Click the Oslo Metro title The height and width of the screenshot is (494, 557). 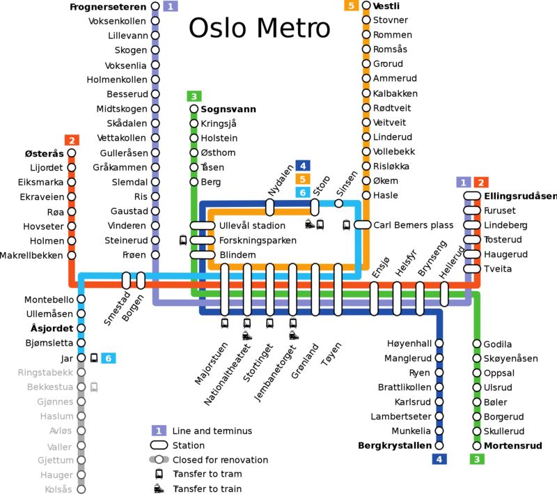point(259,28)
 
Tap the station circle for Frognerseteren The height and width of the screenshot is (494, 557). point(155,6)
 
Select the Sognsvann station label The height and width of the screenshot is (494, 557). point(228,109)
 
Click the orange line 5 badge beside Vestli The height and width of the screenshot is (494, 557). point(352,6)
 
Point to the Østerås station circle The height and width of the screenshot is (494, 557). point(72,153)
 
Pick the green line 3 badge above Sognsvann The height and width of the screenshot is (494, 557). point(194,96)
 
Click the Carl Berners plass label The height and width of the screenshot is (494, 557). point(414,225)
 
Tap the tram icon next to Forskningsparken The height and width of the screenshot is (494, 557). point(183,240)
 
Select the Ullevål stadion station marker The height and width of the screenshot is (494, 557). point(203,226)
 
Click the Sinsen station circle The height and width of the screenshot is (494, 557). point(339,203)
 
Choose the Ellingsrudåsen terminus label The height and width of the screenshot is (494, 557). point(520,196)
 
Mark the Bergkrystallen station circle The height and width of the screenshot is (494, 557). point(439,445)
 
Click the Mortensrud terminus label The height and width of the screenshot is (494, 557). point(513,446)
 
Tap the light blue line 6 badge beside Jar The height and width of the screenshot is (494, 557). point(109,358)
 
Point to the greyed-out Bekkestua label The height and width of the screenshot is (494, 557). point(50,387)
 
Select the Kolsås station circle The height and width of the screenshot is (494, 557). point(81,489)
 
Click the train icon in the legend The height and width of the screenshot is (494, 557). point(159,488)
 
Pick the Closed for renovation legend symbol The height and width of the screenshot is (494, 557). point(159,460)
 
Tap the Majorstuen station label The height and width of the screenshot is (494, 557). point(211,363)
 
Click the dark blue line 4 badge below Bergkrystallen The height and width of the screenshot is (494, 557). point(439,459)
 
